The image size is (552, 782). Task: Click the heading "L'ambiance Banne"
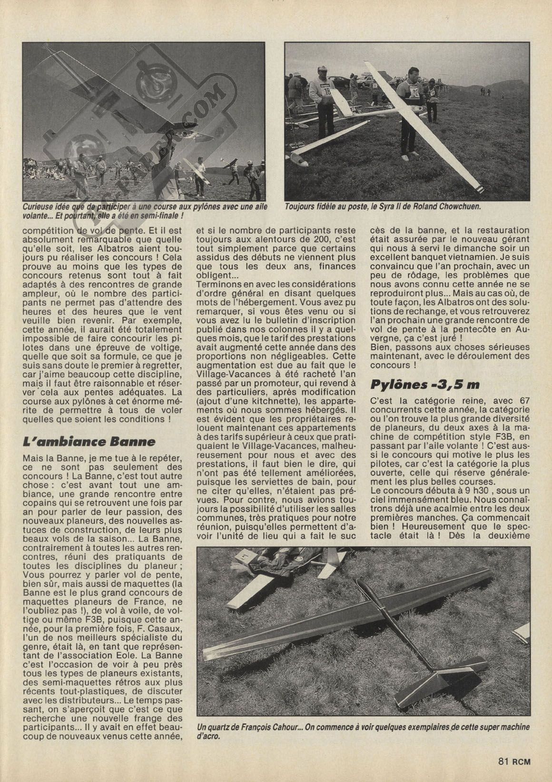coord(89,441)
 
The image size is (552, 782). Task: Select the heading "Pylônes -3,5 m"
coord(425,385)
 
